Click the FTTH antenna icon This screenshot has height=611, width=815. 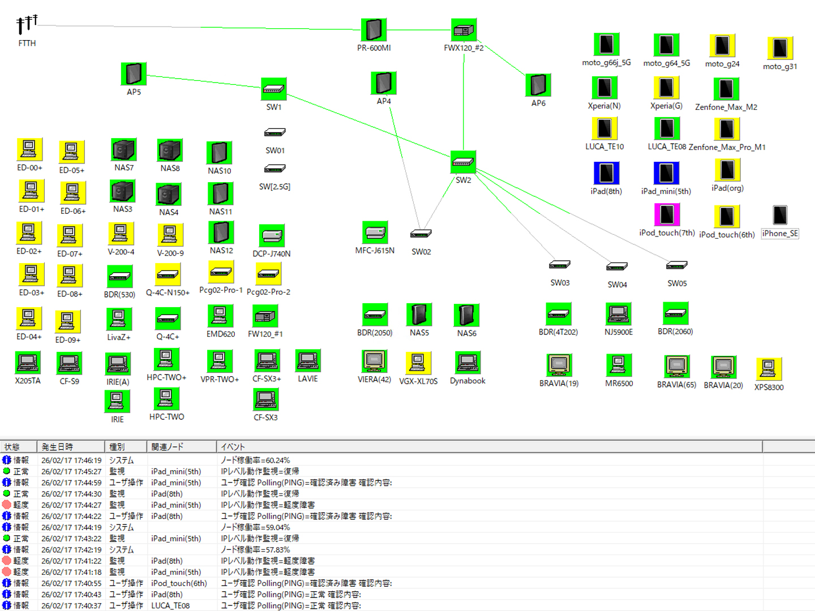[x=26, y=25]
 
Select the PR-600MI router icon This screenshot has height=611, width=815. [x=374, y=29]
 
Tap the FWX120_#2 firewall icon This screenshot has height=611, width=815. [x=464, y=30]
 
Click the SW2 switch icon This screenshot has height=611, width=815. [x=463, y=162]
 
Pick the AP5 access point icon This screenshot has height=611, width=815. [x=134, y=74]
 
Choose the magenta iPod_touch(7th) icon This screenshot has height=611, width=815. [x=667, y=214]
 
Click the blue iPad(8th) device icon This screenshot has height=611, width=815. [x=606, y=173]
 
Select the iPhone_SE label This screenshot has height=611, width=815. [x=780, y=234]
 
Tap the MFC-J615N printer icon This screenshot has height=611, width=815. [x=375, y=233]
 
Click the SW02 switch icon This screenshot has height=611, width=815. [x=421, y=234]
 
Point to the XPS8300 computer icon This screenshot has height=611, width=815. [x=769, y=369]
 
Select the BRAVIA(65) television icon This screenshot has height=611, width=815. [x=676, y=367]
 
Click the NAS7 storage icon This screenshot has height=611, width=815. [x=123, y=150]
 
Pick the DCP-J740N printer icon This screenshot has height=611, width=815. [x=272, y=235]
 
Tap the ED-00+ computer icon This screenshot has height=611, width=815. [x=29, y=149]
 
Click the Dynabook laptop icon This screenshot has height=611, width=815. [x=467, y=363]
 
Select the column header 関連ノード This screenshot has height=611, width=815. [x=168, y=447]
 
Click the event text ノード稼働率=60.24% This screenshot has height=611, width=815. [x=255, y=461]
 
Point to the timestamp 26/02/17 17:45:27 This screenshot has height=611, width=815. [x=71, y=471]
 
